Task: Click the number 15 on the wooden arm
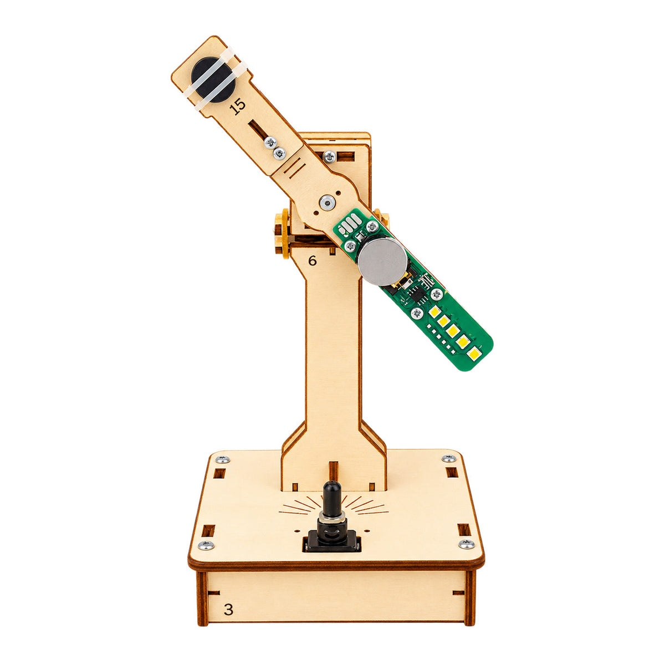tap(238, 106)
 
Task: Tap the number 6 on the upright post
tap(312, 260)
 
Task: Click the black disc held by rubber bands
tap(213, 80)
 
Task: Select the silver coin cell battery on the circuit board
tap(382, 261)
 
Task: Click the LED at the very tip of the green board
tap(474, 354)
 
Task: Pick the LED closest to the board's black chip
tap(434, 312)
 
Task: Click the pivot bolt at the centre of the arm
tap(326, 202)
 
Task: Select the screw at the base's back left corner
tap(223, 459)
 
